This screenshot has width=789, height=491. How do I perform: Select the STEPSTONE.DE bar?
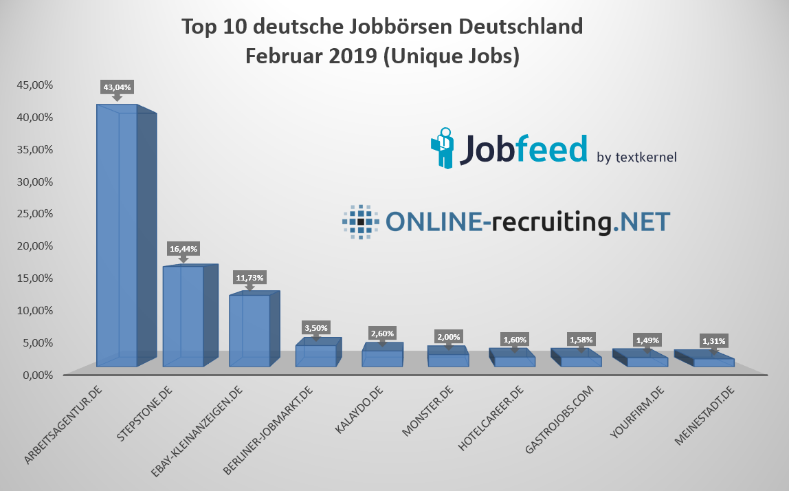pyautogui.click(x=183, y=316)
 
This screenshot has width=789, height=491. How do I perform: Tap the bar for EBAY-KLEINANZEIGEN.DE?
pyautogui.click(x=249, y=330)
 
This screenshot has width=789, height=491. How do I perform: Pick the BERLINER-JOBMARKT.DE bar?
pyautogui.click(x=315, y=355)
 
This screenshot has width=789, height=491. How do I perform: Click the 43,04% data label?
pyautogui.click(x=117, y=87)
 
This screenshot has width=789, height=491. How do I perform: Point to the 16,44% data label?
pyautogui.click(x=183, y=248)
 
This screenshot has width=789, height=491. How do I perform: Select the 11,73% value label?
pyautogui.click(x=249, y=277)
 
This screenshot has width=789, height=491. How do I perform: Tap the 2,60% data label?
pyautogui.click(x=382, y=333)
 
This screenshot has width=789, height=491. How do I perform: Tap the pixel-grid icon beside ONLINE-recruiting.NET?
pyautogui.click(x=360, y=221)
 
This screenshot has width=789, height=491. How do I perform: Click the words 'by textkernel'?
pyautogui.click(x=636, y=157)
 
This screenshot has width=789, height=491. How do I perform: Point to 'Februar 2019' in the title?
pyautogui.click(x=309, y=56)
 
